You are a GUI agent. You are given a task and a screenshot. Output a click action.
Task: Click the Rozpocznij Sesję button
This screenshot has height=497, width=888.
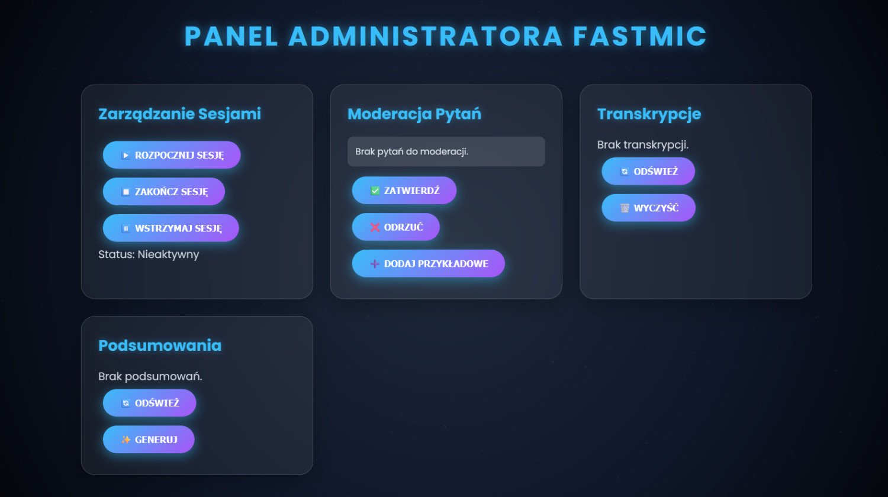click(x=172, y=155)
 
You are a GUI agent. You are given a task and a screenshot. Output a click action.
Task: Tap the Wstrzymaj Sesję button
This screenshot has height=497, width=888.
click(x=171, y=228)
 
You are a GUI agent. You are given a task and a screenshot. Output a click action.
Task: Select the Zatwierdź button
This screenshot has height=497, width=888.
click(x=404, y=191)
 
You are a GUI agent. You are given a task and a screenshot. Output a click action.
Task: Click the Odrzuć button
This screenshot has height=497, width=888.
click(x=396, y=227)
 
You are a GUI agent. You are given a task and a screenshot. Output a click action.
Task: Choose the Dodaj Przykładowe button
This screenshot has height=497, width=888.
click(x=429, y=263)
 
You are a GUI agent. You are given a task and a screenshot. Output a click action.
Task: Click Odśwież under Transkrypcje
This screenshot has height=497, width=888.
click(x=648, y=171)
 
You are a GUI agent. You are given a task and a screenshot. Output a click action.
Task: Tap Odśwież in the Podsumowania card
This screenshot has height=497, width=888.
click(x=149, y=403)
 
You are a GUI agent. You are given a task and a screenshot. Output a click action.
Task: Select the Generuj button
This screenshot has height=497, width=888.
click(x=149, y=439)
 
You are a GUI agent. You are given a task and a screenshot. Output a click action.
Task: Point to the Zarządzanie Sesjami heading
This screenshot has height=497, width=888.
click(x=179, y=114)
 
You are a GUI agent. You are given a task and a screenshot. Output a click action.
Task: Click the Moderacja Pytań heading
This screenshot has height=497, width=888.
click(x=414, y=114)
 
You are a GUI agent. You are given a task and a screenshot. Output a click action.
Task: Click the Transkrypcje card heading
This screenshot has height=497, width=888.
click(x=649, y=114)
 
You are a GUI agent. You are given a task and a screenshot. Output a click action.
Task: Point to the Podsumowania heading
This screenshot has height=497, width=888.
click(x=160, y=346)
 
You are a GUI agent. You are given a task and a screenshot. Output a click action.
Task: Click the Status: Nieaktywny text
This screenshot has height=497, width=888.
click(x=149, y=254)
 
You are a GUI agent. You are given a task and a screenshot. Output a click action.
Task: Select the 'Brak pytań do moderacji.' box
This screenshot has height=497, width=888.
click(x=446, y=151)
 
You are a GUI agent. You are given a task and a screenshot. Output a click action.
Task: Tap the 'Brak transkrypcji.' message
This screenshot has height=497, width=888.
click(x=642, y=145)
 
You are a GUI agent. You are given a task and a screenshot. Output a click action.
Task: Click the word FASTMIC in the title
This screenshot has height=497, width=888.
click(x=640, y=36)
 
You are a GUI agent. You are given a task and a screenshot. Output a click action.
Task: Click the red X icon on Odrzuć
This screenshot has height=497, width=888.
click(x=375, y=227)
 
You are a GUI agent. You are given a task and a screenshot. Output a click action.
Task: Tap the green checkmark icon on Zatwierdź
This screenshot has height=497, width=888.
click(x=375, y=191)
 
